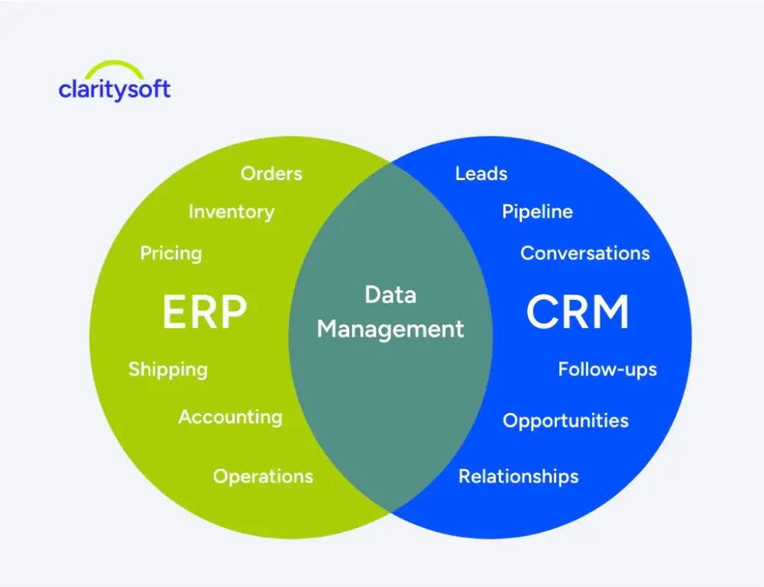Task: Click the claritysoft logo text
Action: click(115, 89)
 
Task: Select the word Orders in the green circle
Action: click(271, 174)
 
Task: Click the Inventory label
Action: click(231, 212)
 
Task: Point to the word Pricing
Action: click(171, 253)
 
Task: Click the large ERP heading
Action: click(205, 312)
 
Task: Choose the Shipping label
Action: click(167, 369)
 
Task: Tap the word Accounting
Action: click(230, 417)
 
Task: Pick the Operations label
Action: click(263, 476)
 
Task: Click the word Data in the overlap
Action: click(390, 295)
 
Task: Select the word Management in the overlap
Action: click(390, 329)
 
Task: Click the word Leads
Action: click(481, 174)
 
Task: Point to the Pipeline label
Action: click(537, 212)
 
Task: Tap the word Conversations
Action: click(585, 253)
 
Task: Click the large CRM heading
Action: click(578, 312)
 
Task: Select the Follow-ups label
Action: click(607, 369)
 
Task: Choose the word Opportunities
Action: click(565, 421)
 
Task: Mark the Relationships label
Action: click(518, 476)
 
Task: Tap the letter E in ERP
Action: click(175, 312)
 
